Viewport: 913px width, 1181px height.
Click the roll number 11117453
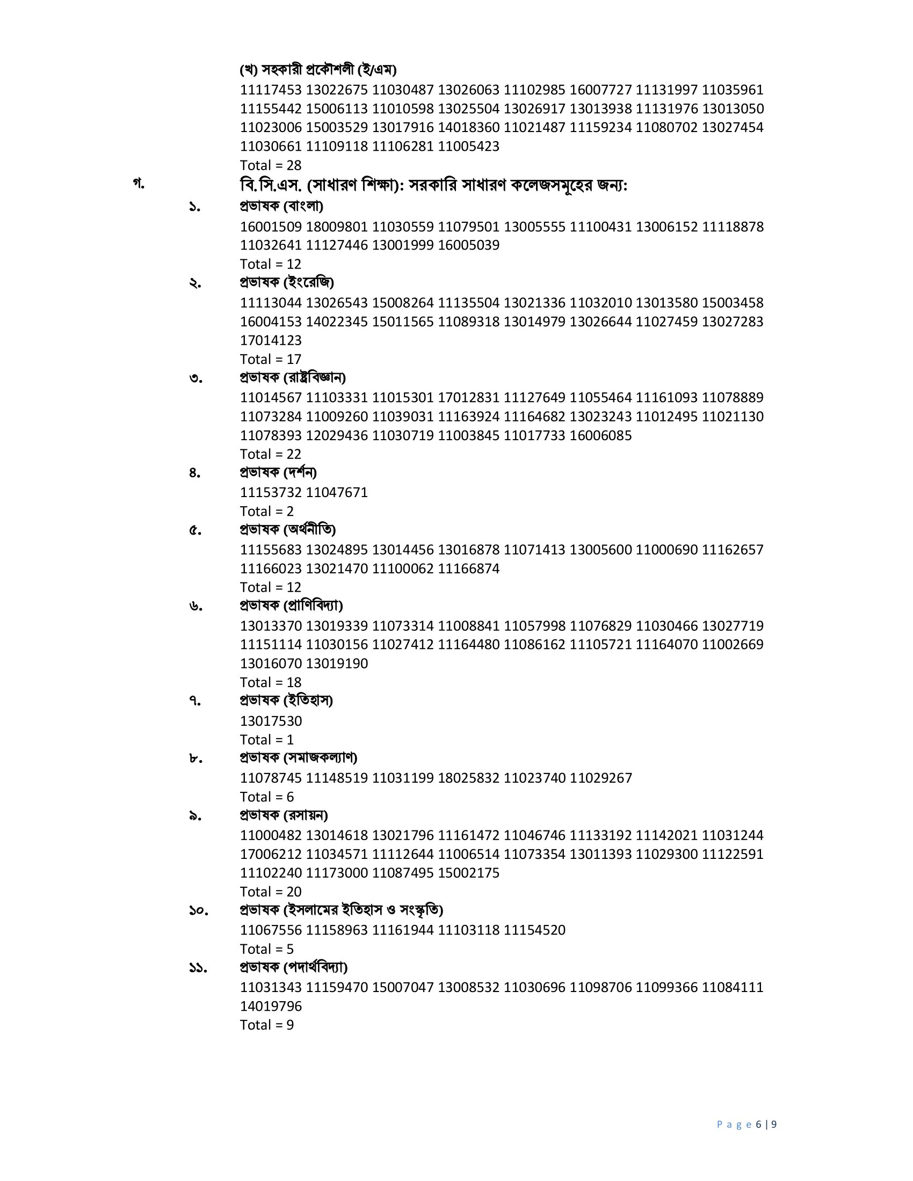pyautogui.click(x=271, y=90)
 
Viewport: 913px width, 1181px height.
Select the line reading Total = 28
pyautogui.click(x=271, y=165)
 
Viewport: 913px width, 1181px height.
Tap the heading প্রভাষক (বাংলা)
pyautogui.click(x=281, y=206)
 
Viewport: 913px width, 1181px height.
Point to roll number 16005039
pyautogui.click(x=468, y=245)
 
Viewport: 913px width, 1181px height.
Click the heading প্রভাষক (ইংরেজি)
pyautogui.click(x=287, y=282)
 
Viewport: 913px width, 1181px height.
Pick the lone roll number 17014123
pyautogui.click(x=271, y=341)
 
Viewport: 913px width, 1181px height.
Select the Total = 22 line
pyautogui.click(x=271, y=454)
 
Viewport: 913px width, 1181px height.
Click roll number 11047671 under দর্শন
pyautogui.click(x=336, y=493)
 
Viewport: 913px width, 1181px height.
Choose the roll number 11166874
pyautogui.click(x=468, y=569)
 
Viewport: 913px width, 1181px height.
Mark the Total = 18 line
pyautogui.click(x=271, y=682)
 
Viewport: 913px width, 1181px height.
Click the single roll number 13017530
pyautogui.click(x=271, y=721)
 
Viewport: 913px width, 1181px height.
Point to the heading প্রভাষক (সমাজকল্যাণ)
pyautogui.click(x=299, y=757)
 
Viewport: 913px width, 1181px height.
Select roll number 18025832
pyautogui.click(x=468, y=778)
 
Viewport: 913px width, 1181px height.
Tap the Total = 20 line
pyautogui.click(x=271, y=892)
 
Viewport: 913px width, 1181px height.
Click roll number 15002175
pyautogui.click(x=468, y=873)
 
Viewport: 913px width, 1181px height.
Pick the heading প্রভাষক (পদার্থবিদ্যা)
pyautogui.click(x=294, y=967)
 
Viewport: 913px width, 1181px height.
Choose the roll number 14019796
pyautogui.click(x=271, y=1007)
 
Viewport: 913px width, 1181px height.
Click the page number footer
pyautogui.click(x=747, y=1125)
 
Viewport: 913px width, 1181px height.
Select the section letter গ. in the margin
pyautogui.click(x=139, y=184)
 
